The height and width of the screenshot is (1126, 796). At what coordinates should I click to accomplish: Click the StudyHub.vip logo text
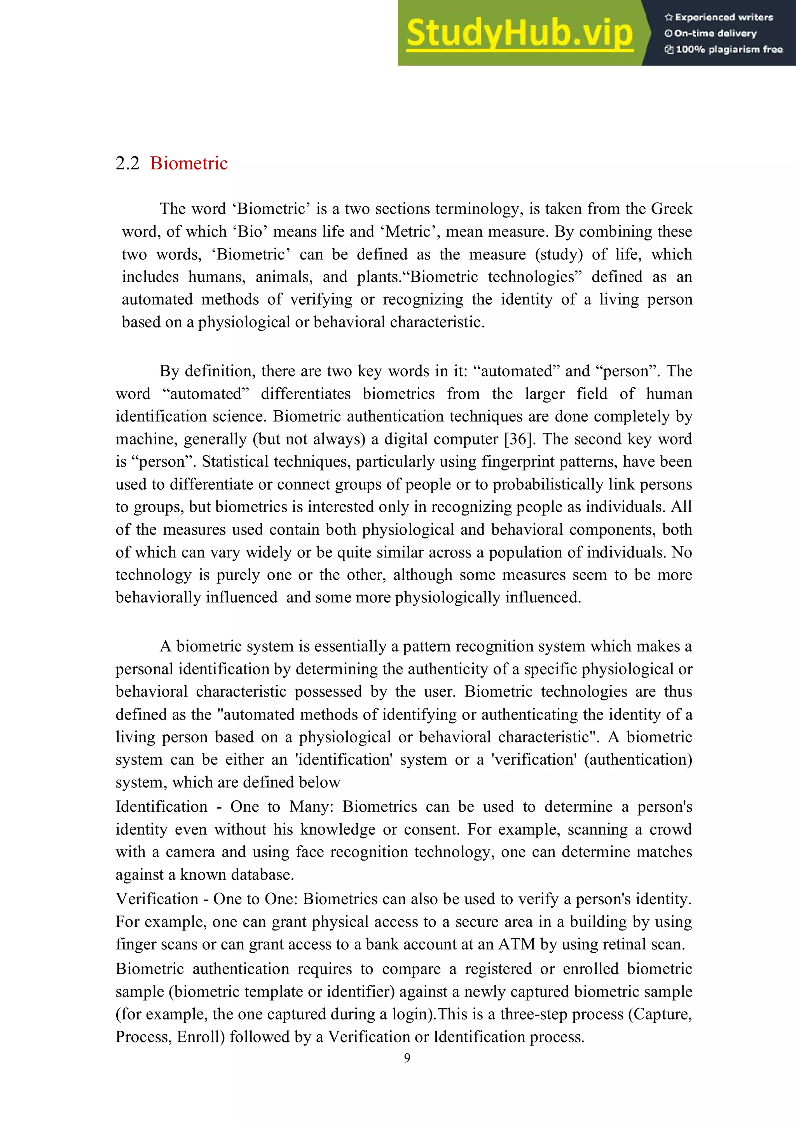(519, 33)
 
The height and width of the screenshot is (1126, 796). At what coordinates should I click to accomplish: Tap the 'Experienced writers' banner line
(719, 17)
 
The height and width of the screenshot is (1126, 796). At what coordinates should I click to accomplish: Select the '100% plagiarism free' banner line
(724, 49)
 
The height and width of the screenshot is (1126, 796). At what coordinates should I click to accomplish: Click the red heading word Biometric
(189, 163)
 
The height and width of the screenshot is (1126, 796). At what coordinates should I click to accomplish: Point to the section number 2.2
(127, 163)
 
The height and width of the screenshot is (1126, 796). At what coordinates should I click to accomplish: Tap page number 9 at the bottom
(407, 1058)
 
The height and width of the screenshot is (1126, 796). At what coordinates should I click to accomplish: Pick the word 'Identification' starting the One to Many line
(161, 807)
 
